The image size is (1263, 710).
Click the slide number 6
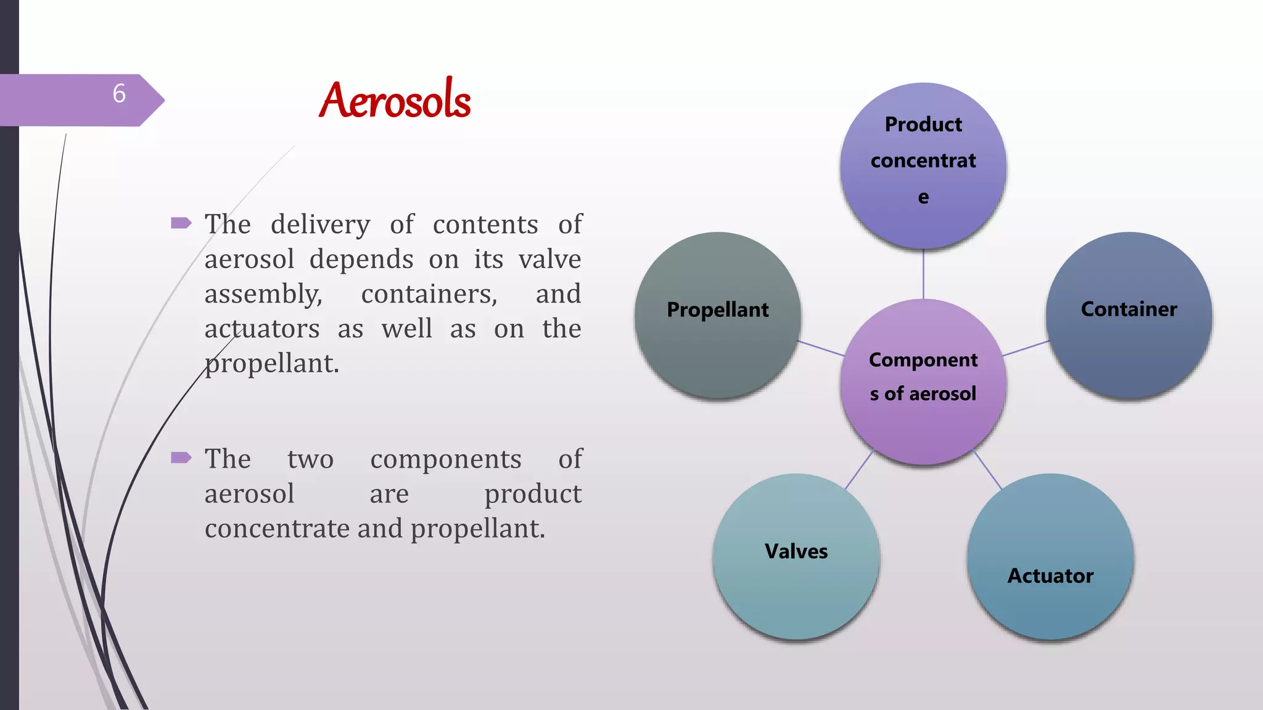(119, 94)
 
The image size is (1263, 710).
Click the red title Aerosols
(395, 100)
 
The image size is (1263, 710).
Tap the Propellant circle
(718, 315)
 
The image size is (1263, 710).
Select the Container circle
(1129, 315)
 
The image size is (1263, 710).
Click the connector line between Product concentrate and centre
(923, 274)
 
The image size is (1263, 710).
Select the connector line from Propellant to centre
(821, 348)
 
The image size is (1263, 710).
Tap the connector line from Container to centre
(1026, 348)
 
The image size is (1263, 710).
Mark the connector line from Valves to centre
(859, 470)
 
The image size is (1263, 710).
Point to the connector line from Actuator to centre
(987, 470)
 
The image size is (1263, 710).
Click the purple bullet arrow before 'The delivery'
(181, 223)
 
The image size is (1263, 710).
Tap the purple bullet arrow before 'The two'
(181, 457)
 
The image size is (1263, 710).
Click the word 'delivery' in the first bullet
(320, 224)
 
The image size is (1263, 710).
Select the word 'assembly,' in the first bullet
(263, 294)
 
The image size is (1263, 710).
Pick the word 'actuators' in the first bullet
(262, 328)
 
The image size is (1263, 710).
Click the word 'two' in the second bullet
(310, 459)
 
